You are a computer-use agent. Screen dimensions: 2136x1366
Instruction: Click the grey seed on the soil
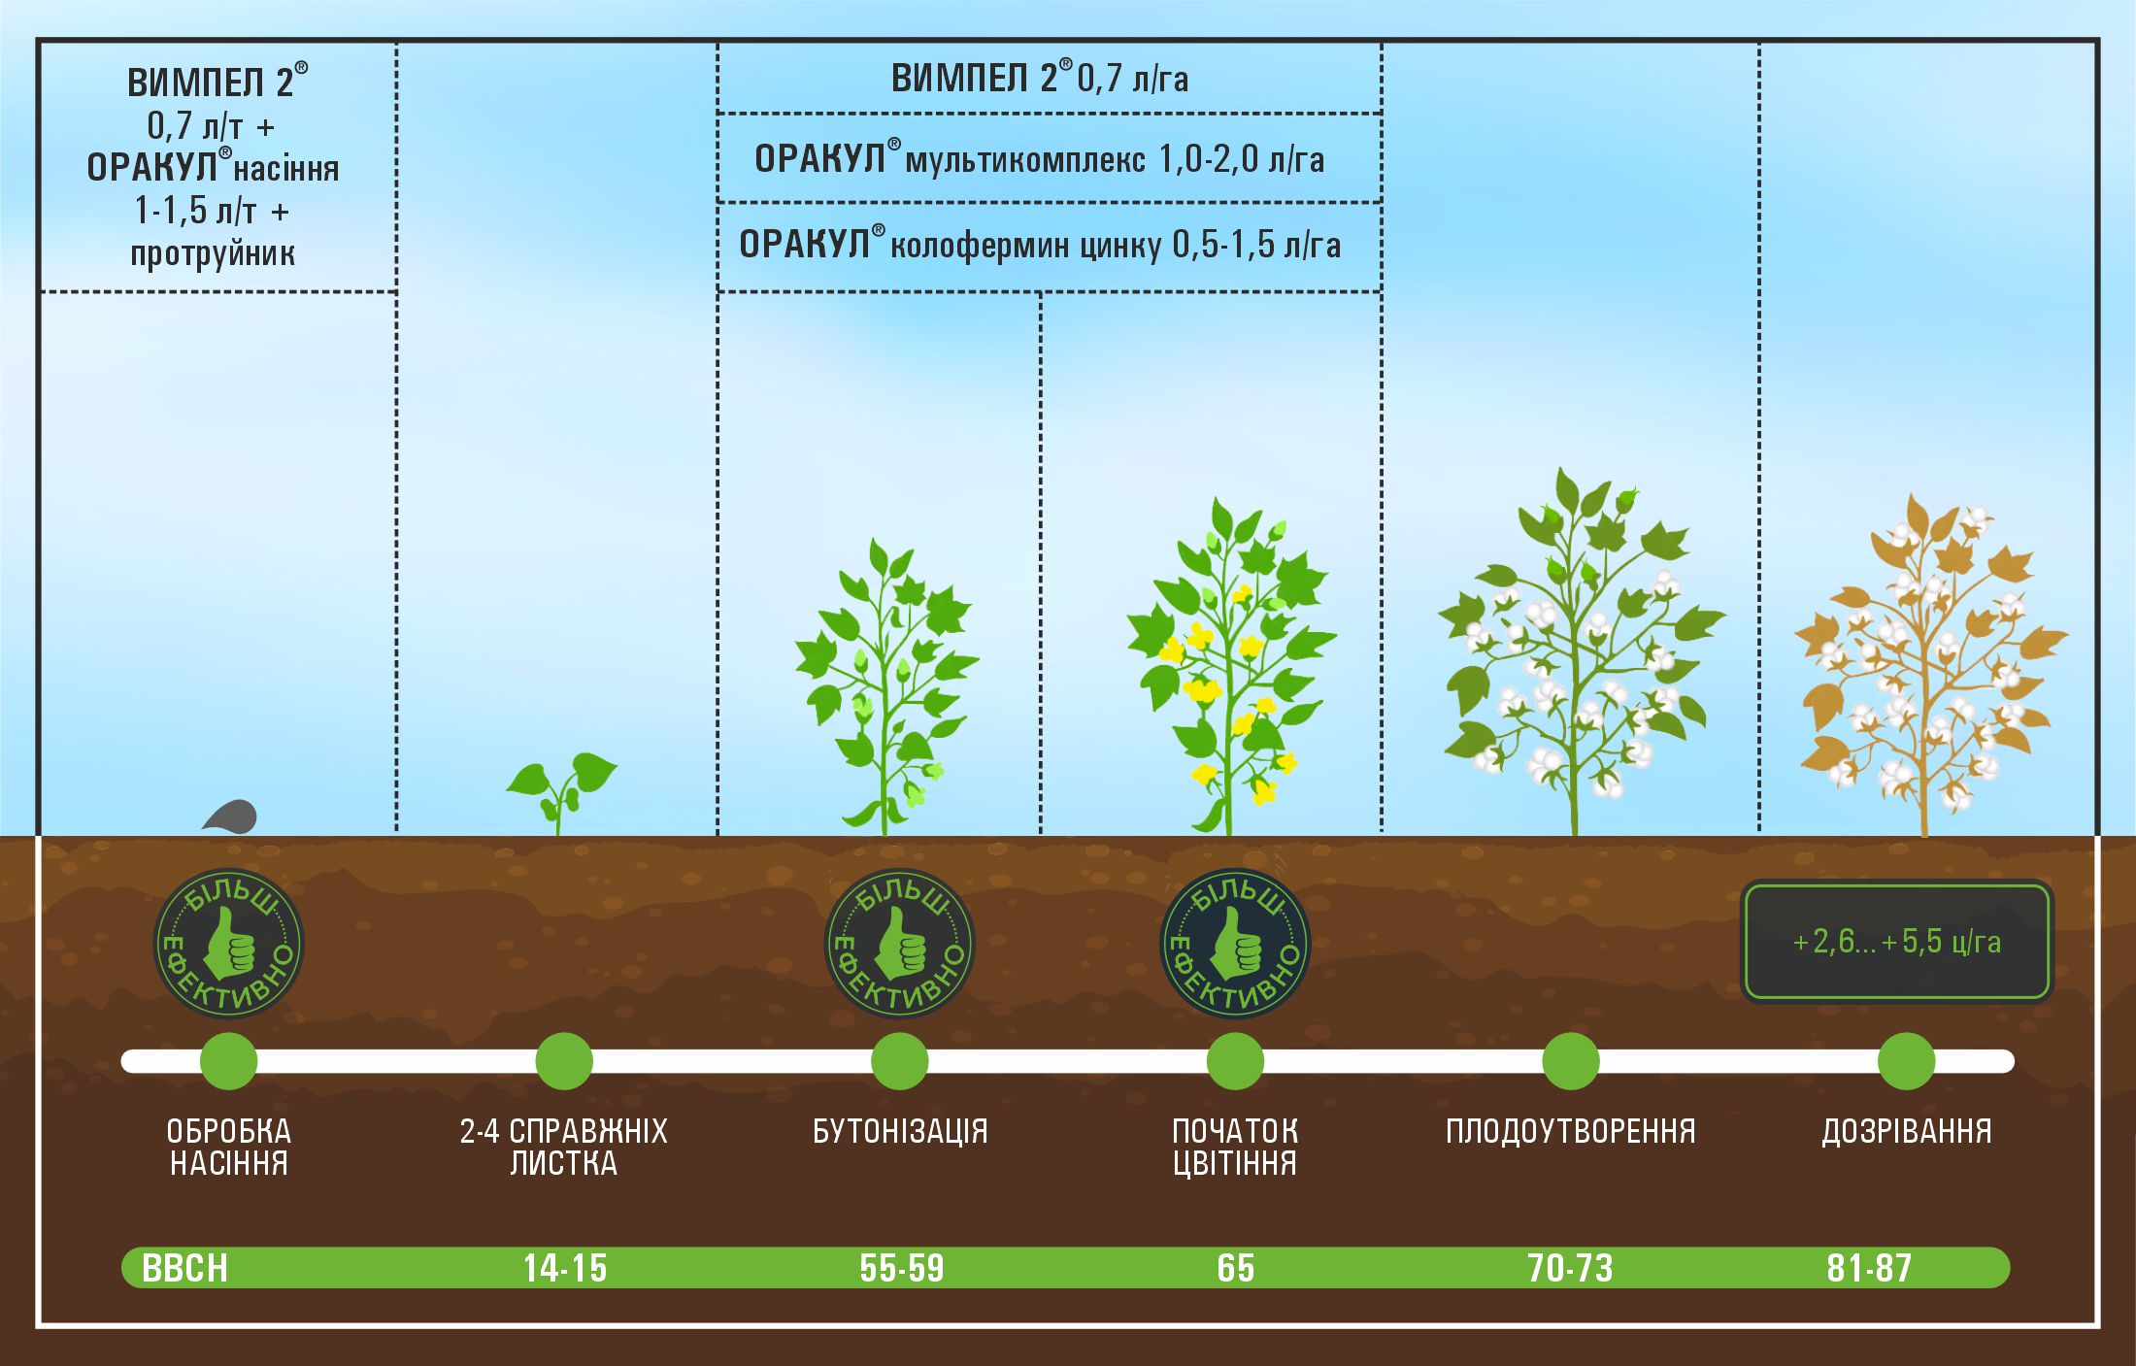231,816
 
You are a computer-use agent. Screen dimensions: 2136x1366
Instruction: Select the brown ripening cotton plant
1930,665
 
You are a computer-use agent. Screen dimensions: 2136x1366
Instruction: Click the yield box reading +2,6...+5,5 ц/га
1897,941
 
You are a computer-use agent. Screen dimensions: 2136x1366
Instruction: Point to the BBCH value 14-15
564,1268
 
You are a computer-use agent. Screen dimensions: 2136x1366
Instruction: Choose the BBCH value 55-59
901,1268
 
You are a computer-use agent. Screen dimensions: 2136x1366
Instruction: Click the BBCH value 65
1235,1268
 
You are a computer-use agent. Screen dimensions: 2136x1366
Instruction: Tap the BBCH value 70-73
1570,1268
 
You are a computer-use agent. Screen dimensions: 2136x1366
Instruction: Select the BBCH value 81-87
1869,1268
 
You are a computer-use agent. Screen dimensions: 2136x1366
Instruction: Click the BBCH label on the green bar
184,1268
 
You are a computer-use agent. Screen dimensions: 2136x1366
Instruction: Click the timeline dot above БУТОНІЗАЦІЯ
900,1061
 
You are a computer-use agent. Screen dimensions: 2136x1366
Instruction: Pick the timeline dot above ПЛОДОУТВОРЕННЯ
1571,1061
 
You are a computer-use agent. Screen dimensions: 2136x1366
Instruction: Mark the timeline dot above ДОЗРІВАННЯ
1907,1061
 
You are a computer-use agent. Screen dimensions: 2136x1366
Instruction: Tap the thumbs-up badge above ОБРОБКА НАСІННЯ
229,943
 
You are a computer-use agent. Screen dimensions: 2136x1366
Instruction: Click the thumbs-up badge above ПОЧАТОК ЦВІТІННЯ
1235,943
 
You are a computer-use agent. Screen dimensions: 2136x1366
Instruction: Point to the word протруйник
213,253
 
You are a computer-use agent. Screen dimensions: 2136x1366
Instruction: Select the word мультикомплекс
1025,159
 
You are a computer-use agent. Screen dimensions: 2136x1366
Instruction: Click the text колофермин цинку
1025,245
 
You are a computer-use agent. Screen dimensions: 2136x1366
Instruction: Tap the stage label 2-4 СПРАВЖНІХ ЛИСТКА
564,1147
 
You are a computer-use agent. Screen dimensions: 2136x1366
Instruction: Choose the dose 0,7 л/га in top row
1133,79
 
